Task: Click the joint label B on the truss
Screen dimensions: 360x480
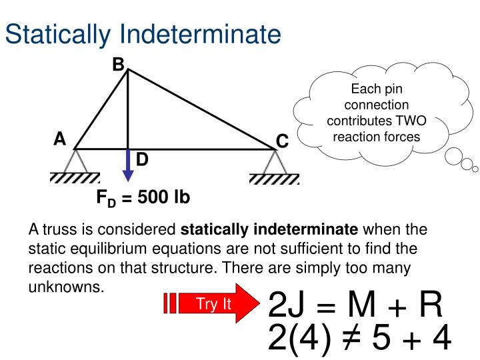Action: (x=118, y=65)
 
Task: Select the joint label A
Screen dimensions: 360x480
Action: (x=60, y=139)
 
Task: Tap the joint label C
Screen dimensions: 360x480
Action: (x=282, y=141)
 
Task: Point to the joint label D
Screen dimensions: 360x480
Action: (x=142, y=160)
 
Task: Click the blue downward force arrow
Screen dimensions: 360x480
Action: (x=128, y=166)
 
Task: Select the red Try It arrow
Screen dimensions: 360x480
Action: (x=211, y=305)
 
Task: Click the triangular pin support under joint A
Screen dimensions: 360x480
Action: (x=75, y=161)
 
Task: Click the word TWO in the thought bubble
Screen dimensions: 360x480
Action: (x=412, y=121)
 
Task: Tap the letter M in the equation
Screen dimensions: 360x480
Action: (x=361, y=306)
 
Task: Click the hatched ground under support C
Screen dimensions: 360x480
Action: (x=274, y=179)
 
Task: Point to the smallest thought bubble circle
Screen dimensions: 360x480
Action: (x=475, y=167)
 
